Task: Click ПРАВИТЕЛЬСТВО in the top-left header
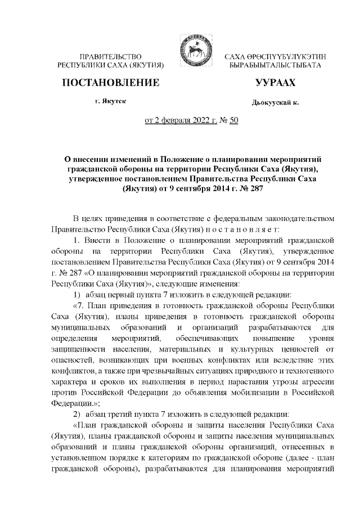tap(110, 57)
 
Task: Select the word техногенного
tap(308, 369)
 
